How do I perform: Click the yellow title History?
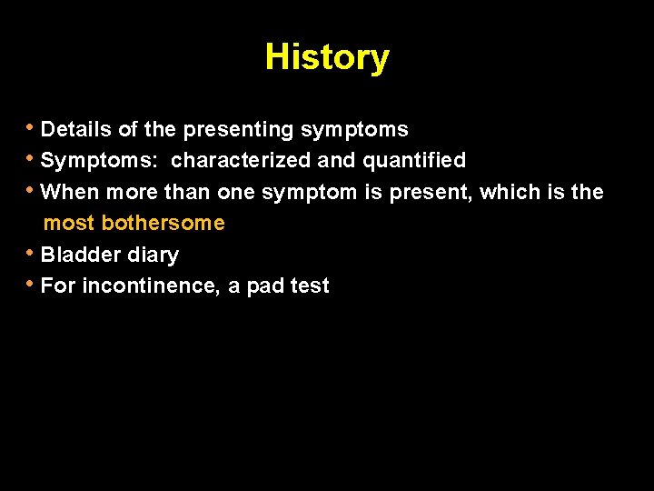327,57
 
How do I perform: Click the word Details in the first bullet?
76,130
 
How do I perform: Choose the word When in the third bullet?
70,192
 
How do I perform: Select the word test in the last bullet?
310,286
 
